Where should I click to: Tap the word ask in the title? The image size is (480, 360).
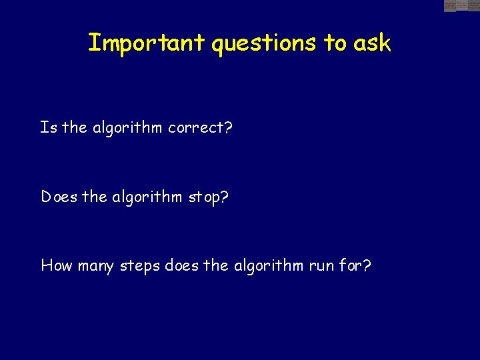click(x=372, y=43)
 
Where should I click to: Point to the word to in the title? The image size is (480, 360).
click(x=335, y=43)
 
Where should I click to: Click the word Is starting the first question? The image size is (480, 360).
click(x=48, y=127)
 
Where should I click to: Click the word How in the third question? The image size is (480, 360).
click(x=57, y=266)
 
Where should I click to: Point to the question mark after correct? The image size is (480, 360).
click(x=228, y=127)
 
